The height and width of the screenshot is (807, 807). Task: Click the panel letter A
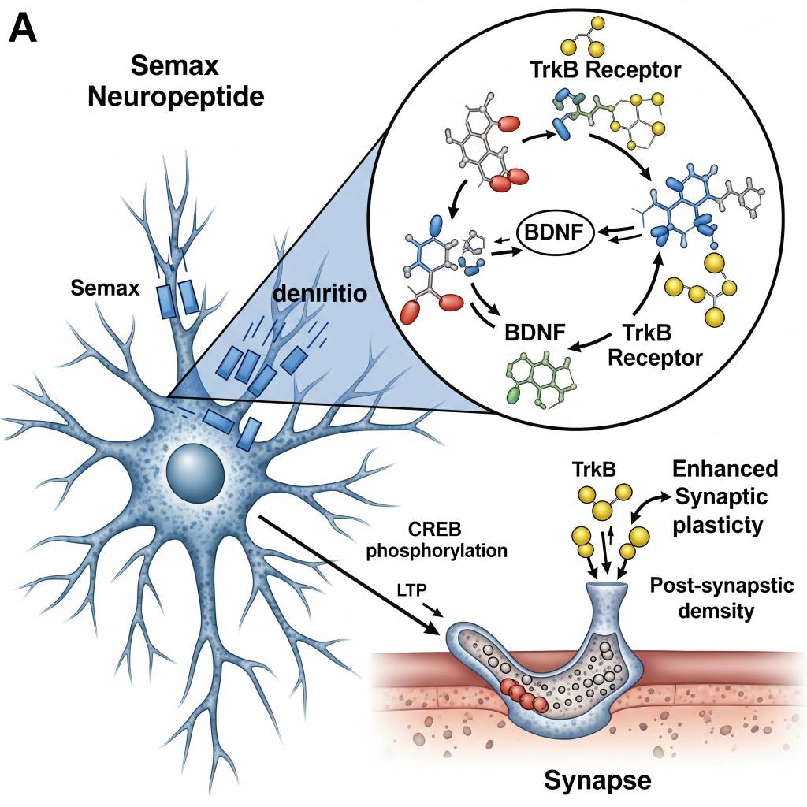pos(24,32)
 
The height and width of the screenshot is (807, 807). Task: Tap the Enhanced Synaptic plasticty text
pos(724,496)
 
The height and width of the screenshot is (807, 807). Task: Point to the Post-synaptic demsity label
pos(705,598)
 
